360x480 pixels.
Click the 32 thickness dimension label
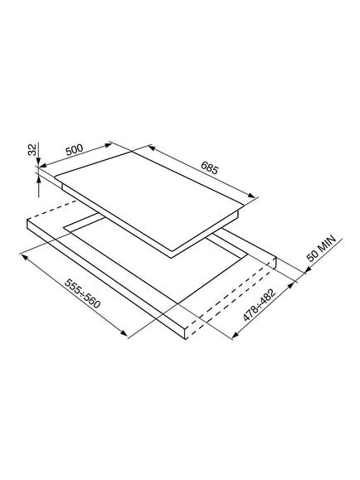(32, 149)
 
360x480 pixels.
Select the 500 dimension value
(75, 150)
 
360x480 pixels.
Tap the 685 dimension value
(210, 167)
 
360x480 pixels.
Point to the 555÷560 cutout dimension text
(83, 293)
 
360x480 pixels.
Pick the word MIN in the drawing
(326, 245)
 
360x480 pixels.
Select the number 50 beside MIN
(313, 257)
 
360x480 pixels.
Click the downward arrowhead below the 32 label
(38, 162)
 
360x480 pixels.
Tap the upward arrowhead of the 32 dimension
(39, 182)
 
